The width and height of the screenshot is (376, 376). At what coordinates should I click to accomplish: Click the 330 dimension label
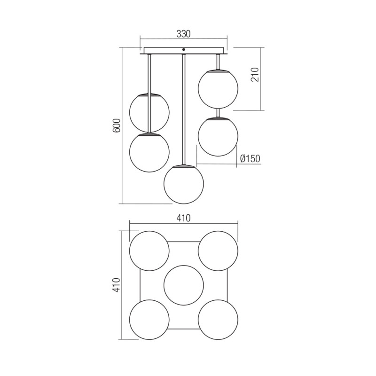tap(183, 34)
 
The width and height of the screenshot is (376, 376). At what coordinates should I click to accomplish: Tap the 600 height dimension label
tap(117, 125)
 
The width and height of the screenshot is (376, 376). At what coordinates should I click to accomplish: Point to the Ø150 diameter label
tap(250, 159)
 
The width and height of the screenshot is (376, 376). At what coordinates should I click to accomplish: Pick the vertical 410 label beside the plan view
tap(117, 285)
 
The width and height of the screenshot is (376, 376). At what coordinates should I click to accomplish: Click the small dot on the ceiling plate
tap(184, 49)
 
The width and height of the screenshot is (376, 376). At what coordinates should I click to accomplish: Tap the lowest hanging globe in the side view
tap(184, 184)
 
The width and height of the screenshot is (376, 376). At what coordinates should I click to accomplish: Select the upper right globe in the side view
tap(218, 89)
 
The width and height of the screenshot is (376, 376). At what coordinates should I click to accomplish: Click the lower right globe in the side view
tap(218, 136)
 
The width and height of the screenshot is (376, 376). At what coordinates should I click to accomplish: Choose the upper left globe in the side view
tap(149, 113)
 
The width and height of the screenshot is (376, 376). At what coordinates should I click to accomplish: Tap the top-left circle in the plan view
tap(149, 251)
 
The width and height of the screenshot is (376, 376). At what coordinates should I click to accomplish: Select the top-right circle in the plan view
tap(218, 251)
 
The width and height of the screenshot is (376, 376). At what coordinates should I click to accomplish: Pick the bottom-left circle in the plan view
tap(149, 320)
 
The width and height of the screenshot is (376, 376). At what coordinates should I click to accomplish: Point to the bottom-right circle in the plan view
tap(218, 320)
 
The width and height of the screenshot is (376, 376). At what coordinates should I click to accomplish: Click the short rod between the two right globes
tap(218, 113)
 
